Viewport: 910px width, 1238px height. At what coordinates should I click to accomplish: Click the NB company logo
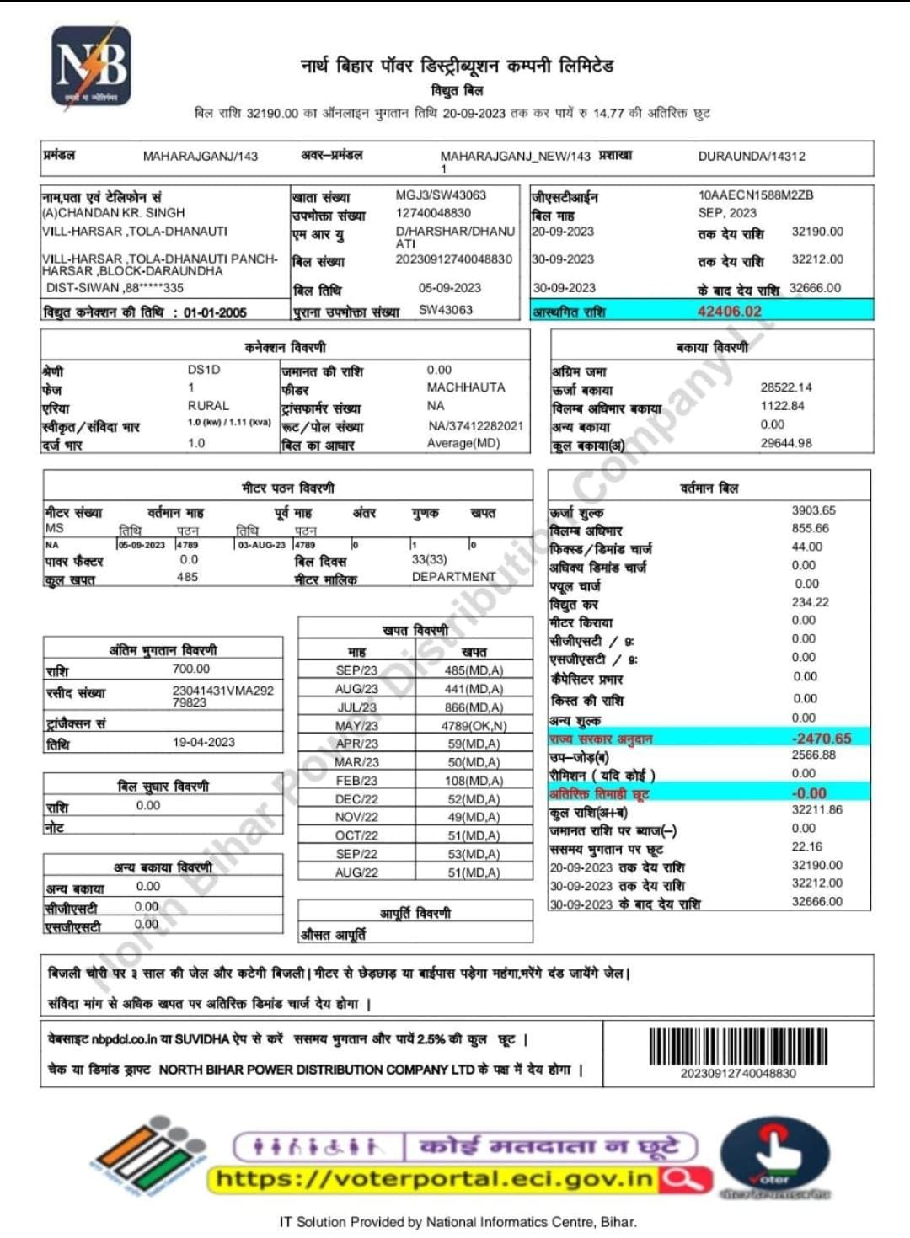point(92,68)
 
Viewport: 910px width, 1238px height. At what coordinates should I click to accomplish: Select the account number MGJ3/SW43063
point(441,195)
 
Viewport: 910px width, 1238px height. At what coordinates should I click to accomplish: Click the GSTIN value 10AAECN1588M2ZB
point(756,195)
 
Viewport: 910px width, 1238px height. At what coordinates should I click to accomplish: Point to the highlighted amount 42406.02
point(729,311)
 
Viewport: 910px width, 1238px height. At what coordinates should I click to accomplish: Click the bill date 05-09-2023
point(450,288)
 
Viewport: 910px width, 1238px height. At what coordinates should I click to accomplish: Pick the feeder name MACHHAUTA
point(466,387)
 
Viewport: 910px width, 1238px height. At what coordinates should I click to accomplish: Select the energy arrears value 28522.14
point(786,387)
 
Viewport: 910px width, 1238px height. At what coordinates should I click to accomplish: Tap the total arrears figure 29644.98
point(786,443)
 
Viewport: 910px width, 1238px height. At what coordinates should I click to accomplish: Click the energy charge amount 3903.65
point(813,510)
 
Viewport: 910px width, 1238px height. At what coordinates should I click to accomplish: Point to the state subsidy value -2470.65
point(822,739)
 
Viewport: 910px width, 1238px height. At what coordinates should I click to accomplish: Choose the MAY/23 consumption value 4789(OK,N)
point(474,726)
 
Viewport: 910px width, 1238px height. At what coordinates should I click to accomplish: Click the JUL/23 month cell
point(356,707)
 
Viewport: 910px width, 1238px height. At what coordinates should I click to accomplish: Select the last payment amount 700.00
point(191,669)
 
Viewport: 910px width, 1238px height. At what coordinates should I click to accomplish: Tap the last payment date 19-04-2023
point(204,742)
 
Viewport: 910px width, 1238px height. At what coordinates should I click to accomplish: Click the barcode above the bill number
point(738,1046)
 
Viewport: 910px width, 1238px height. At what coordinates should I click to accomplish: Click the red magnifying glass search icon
point(683,1179)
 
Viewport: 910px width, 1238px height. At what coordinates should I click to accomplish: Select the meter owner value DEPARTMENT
point(453,577)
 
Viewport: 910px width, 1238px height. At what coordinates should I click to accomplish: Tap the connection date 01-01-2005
point(215,312)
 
